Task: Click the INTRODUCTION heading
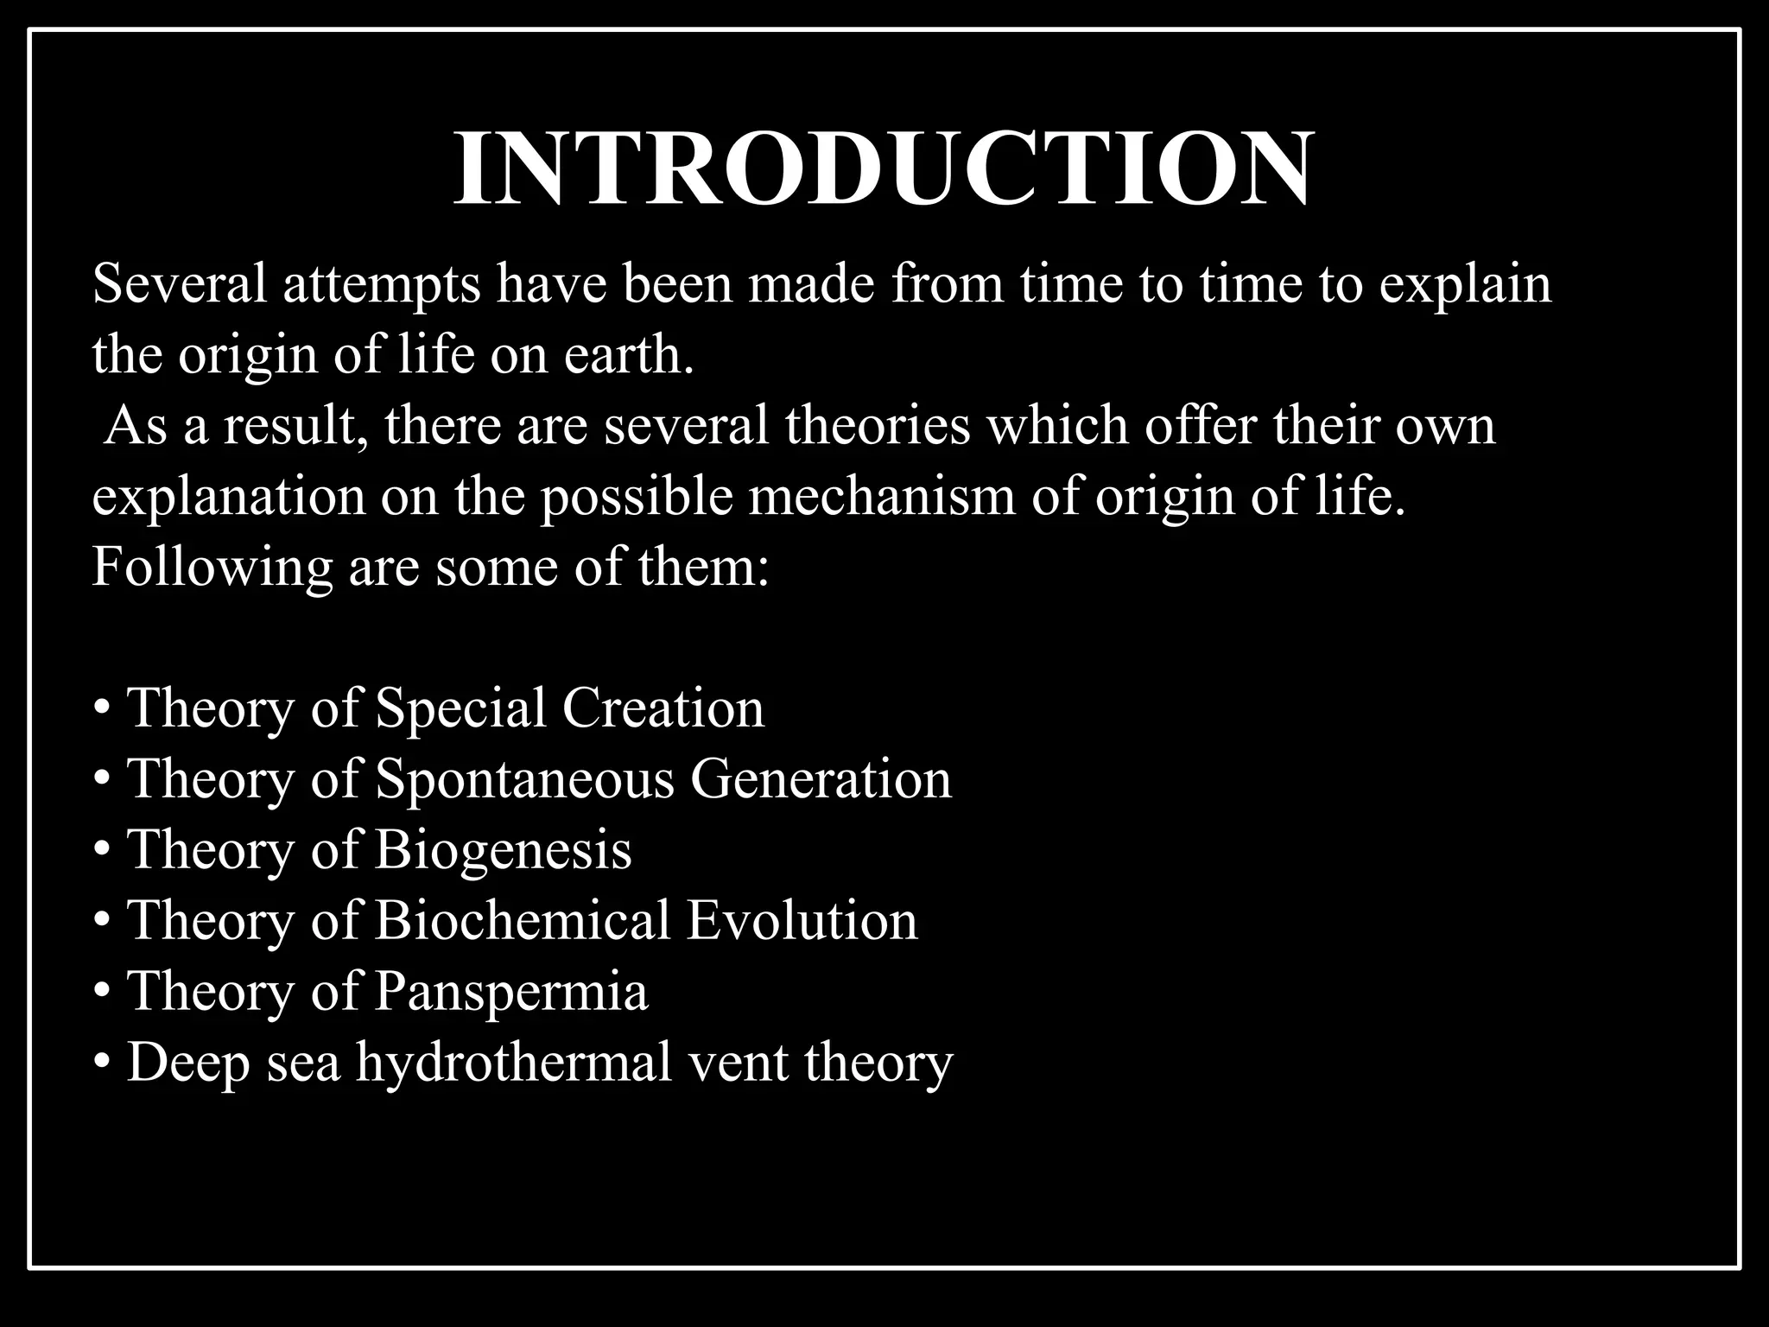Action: click(x=883, y=169)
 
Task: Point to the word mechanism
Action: click(x=881, y=497)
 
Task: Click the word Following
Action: click(x=212, y=568)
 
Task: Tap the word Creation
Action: click(x=663, y=708)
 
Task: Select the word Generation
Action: click(x=821, y=779)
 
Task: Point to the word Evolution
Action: click(x=802, y=921)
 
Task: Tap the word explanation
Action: click(x=229, y=498)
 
